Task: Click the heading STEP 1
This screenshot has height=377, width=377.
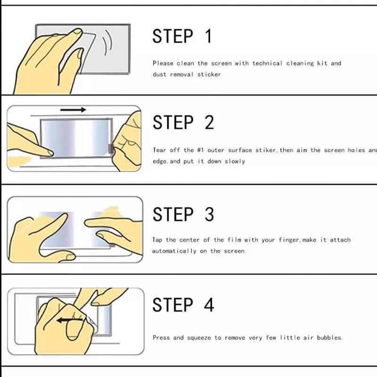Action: tap(182, 36)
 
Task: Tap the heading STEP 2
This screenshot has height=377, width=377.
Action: tap(183, 123)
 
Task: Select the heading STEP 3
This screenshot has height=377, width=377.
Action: tap(183, 214)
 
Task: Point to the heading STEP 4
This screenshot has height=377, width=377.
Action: tap(183, 304)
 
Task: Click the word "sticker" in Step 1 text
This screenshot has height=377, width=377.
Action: tap(209, 74)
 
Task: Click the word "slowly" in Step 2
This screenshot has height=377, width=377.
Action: tap(234, 161)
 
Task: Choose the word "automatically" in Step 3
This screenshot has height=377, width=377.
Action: tap(173, 251)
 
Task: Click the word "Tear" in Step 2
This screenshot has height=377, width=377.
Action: tap(159, 150)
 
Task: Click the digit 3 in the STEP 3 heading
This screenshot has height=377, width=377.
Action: tap(209, 214)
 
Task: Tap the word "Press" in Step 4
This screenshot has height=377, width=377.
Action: tap(161, 338)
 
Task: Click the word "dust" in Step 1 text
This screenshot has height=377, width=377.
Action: tap(159, 74)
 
